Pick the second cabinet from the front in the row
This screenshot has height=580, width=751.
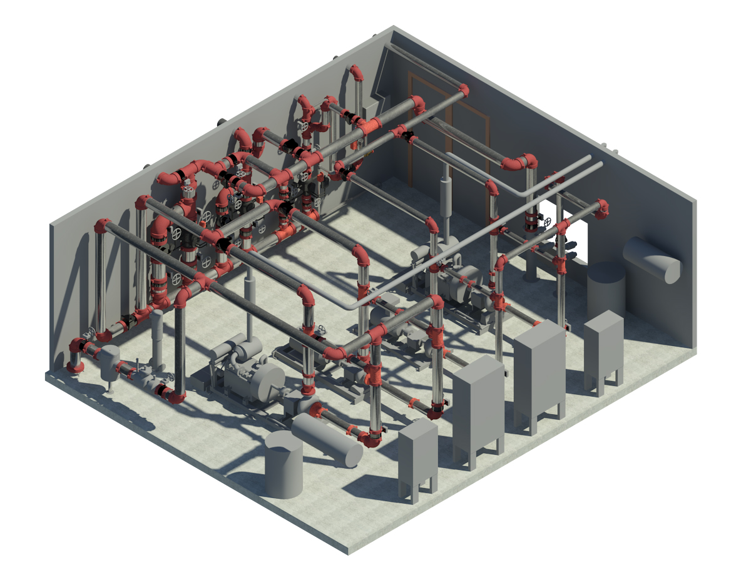point(478,410)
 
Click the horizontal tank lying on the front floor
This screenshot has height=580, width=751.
point(327,439)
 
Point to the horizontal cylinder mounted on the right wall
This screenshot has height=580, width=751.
point(652,260)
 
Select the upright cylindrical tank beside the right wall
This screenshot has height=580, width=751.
point(606,289)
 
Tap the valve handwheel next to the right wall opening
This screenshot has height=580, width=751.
point(549,222)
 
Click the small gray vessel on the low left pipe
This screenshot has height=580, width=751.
point(110,362)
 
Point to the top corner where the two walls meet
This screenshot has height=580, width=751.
point(394,28)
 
